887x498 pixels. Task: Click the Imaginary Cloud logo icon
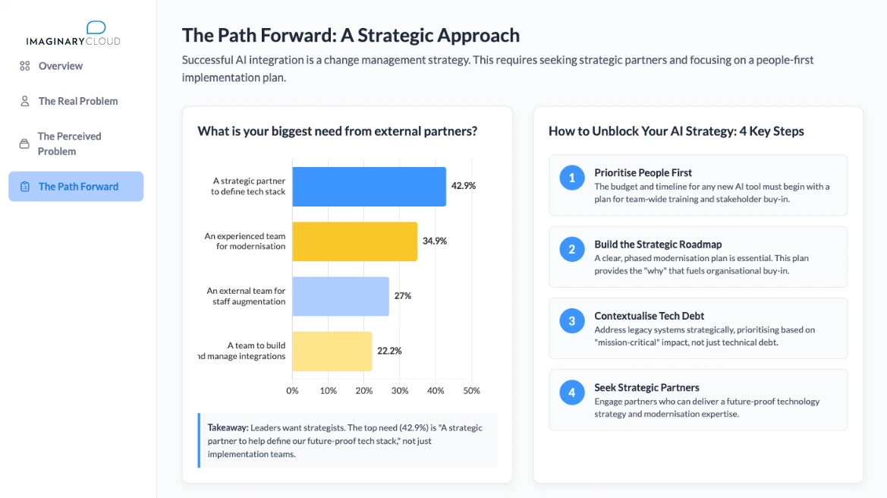[x=96, y=28]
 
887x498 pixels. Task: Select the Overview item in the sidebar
[x=61, y=66]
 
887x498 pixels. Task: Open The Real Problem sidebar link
[x=78, y=101]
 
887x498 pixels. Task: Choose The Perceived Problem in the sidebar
[x=69, y=143]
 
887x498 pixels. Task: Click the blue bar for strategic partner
[x=369, y=187]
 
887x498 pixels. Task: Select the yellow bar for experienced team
[x=354, y=241]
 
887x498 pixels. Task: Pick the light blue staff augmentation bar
[x=340, y=296]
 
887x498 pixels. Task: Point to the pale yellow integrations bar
[x=332, y=351]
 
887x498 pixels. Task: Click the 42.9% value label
[x=464, y=185]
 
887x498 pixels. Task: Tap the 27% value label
[x=402, y=296]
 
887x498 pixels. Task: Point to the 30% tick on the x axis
[x=400, y=391]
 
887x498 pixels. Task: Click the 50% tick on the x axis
[x=471, y=391]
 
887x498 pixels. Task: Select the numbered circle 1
[x=572, y=178]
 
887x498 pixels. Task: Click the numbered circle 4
[x=572, y=392]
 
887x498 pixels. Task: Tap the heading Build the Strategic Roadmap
[x=658, y=244]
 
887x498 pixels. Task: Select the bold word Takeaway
[x=228, y=427]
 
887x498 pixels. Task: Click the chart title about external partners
[x=337, y=131]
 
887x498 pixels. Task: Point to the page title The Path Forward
[x=351, y=36]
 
